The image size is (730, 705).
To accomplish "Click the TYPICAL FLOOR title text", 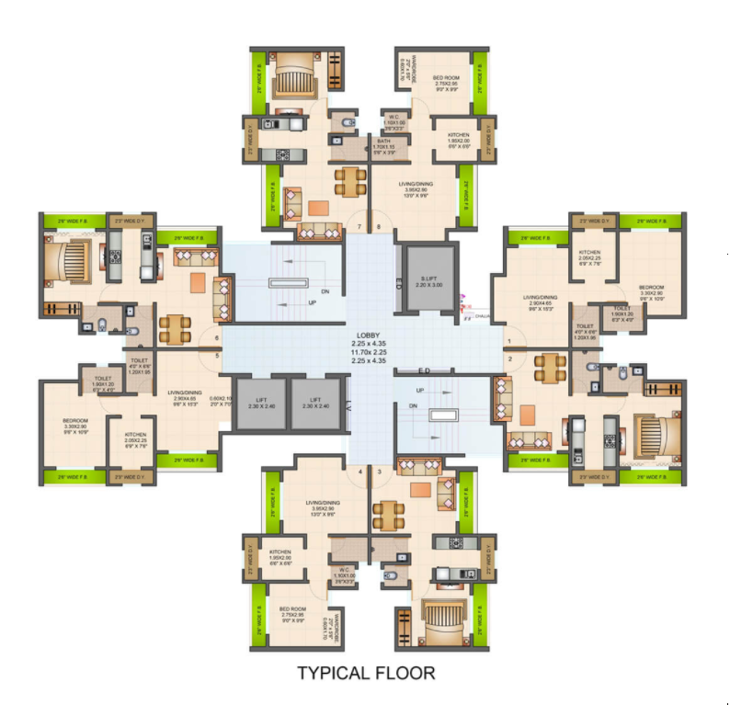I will coord(365,674).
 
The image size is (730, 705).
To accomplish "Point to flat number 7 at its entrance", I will coord(359,225).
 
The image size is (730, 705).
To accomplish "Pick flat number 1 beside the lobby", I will coord(508,341).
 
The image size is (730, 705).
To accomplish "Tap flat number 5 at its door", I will coord(217,356).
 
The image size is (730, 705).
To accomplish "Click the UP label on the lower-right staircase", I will coord(420,391).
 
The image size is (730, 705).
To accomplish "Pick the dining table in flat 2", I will coord(549,368).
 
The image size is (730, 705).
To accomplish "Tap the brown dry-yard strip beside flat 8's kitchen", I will coord(487,142).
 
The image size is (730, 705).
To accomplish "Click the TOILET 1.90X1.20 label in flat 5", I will coord(101,381).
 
